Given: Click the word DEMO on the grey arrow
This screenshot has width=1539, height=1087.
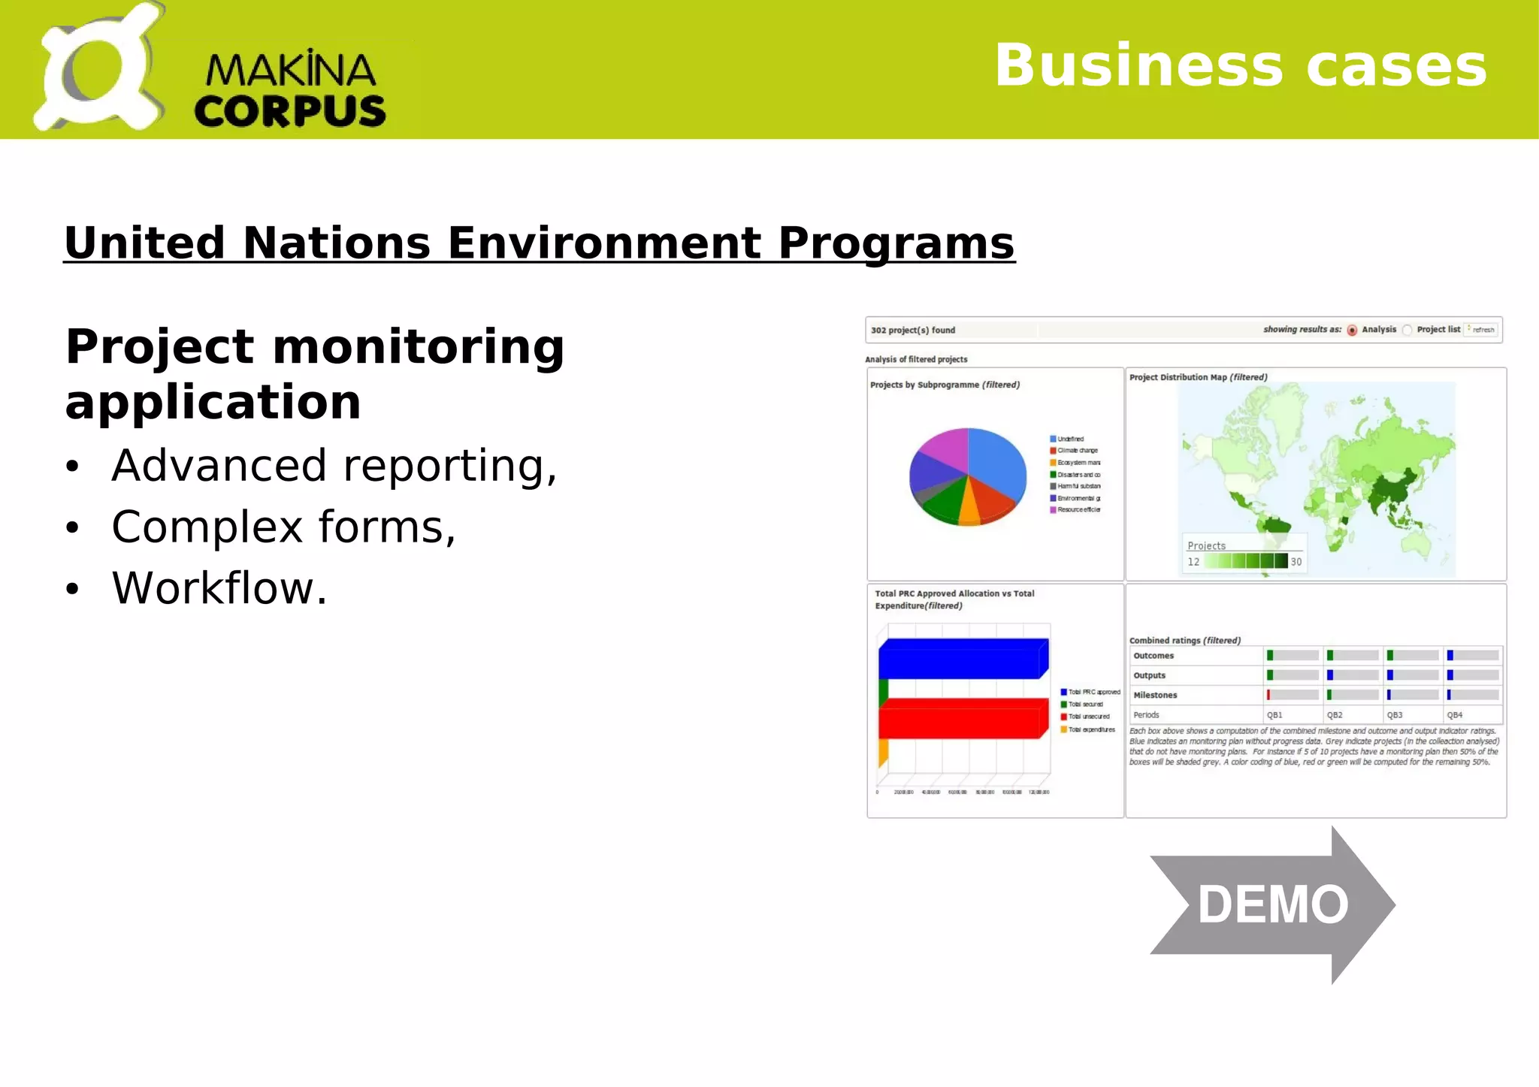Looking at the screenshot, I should pyautogui.click(x=1272, y=904).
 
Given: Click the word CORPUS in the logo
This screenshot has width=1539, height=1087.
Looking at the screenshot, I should pyautogui.click(x=289, y=111).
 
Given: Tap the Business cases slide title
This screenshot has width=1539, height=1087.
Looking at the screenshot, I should pyautogui.click(x=1240, y=66).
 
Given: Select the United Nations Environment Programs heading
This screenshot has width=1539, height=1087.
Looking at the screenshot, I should pyautogui.click(x=539, y=243).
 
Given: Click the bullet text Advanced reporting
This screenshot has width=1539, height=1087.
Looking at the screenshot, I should pyautogui.click(x=334, y=466).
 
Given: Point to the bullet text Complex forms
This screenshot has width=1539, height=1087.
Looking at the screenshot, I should pyautogui.click(x=283, y=527).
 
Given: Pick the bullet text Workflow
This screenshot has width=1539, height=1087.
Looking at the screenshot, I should pyautogui.click(x=219, y=588).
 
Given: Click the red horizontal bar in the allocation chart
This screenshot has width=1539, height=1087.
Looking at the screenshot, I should pyautogui.click(x=962, y=719).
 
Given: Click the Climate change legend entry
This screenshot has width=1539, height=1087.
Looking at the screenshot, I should pyautogui.click(x=1076, y=451).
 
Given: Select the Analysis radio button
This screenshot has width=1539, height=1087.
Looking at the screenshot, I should pyautogui.click(x=1352, y=331).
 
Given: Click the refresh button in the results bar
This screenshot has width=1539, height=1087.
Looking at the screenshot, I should pyautogui.click(x=1482, y=330).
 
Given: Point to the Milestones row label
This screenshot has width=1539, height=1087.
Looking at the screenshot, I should pyautogui.click(x=1155, y=696).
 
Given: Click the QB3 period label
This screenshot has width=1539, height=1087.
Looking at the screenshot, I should pyautogui.click(x=1395, y=715).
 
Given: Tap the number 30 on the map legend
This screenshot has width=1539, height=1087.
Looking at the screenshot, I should pyautogui.click(x=1296, y=562).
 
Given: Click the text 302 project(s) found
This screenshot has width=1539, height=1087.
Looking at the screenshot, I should pyautogui.click(x=913, y=331).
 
